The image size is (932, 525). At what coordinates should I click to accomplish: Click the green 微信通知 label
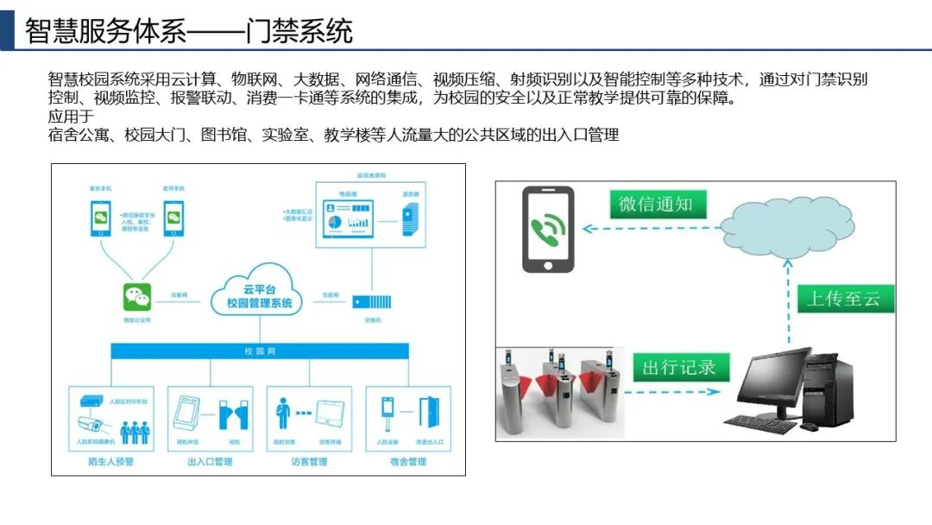(656, 205)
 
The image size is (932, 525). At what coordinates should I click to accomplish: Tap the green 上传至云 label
(843, 299)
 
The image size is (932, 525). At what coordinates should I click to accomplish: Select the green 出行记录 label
(679, 367)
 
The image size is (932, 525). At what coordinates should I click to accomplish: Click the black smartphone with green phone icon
(548, 231)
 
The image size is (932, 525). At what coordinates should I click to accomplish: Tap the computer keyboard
(759, 423)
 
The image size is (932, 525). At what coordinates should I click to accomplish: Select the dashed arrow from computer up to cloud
(786, 302)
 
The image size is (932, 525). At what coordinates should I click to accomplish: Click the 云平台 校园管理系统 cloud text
(259, 296)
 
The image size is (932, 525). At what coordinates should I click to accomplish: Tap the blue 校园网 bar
(259, 351)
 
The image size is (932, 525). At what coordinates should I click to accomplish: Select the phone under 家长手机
(102, 217)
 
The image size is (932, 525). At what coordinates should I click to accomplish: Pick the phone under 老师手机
(174, 217)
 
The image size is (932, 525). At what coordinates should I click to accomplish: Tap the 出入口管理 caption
(210, 462)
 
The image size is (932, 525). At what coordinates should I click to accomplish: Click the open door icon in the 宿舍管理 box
(428, 414)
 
